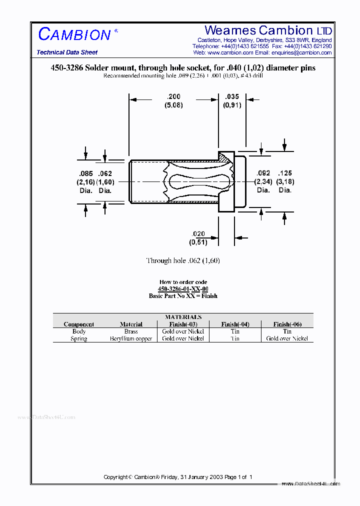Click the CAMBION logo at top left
tap(75, 34)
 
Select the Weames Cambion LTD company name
tap(268, 30)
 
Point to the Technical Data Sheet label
tap(67, 52)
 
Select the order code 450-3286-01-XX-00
tap(183, 289)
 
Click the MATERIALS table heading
tap(183, 317)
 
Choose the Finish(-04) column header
tap(235, 324)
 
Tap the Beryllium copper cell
tap(131, 338)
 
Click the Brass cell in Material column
tap(131, 331)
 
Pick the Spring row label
tap(79, 338)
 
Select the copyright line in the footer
tap(178, 477)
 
